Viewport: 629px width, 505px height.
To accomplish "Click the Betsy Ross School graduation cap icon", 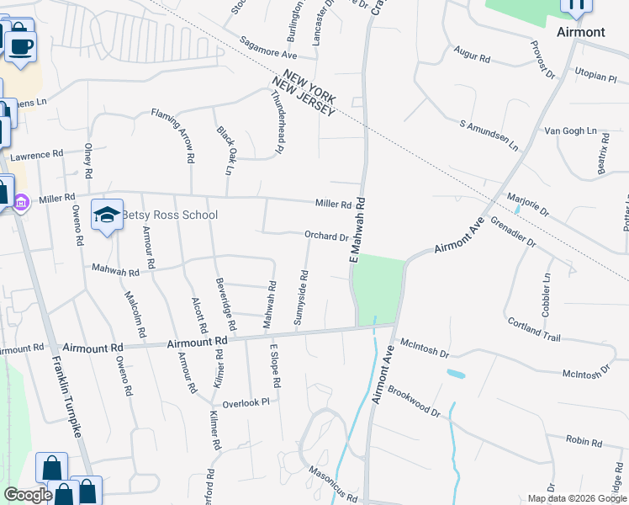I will (x=108, y=215).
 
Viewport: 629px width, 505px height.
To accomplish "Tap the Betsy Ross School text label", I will (x=170, y=215).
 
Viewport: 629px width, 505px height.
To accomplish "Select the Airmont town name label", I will (x=580, y=32).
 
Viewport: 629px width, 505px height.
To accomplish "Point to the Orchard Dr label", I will (x=326, y=237).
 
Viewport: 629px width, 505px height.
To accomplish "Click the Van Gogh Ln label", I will (x=576, y=132).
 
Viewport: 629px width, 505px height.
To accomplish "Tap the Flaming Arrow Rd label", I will (x=173, y=135).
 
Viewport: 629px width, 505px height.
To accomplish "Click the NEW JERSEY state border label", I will (x=304, y=98).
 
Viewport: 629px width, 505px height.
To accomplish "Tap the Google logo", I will (x=28, y=495).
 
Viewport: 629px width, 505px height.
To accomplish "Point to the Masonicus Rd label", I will (x=333, y=485).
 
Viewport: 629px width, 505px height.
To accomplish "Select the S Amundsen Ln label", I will (x=489, y=135).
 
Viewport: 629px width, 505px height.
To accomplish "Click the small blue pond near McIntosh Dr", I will (x=456, y=373).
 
